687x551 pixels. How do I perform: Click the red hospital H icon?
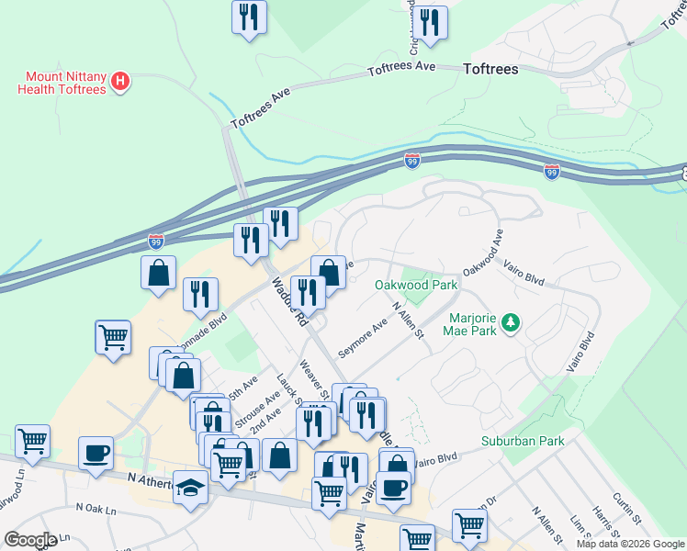pos(119,83)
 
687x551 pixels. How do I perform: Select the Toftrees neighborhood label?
pos(490,69)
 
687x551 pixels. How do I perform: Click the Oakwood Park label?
pos(416,285)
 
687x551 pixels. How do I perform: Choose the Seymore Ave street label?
pos(362,339)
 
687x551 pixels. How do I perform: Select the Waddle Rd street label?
pos(287,305)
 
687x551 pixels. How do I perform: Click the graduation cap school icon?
pos(192,486)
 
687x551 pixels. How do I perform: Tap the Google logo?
pos(29,540)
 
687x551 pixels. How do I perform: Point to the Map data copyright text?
pos(629,544)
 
